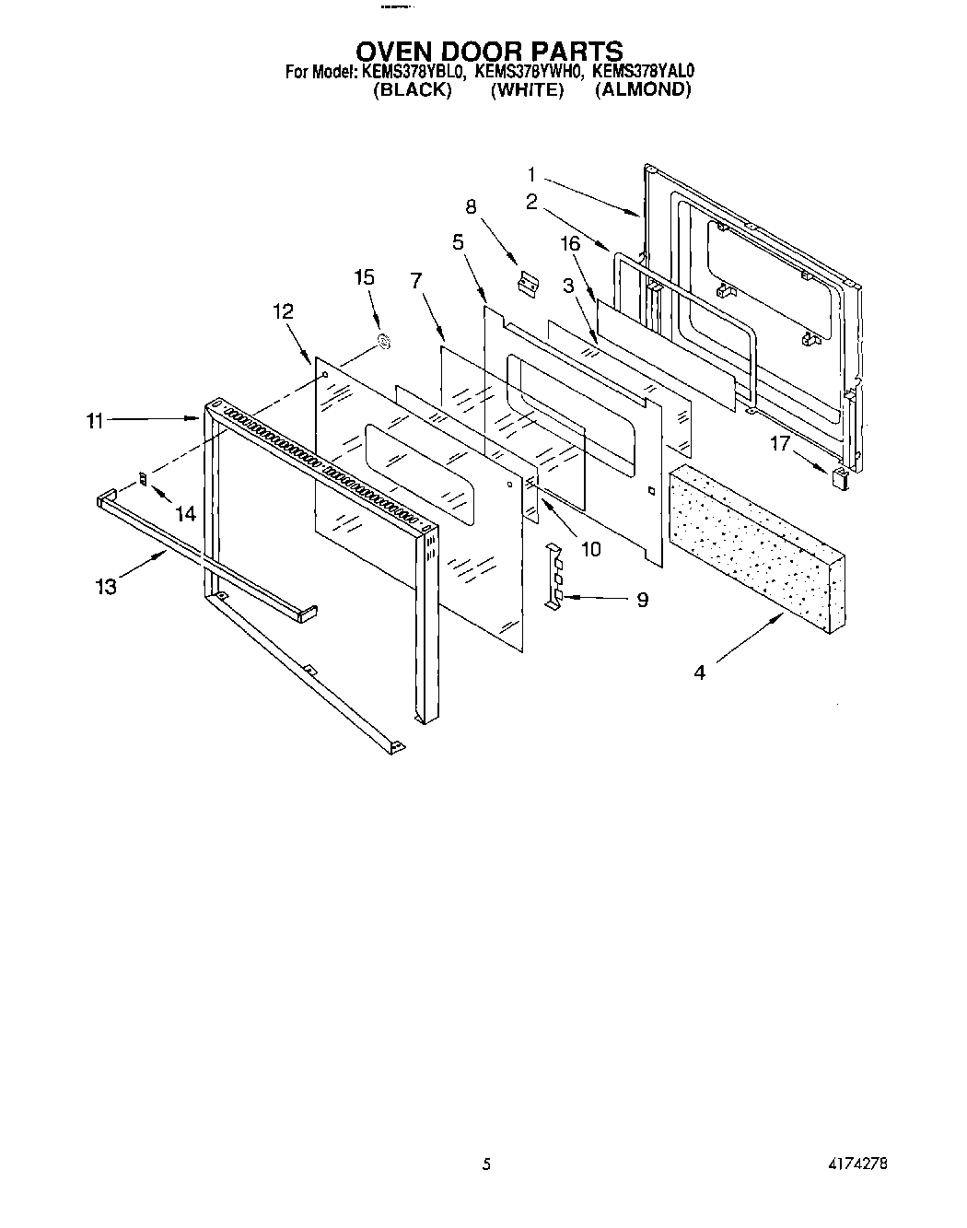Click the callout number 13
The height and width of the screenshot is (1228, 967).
pos(107,585)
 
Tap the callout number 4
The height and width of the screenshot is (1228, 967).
pos(700,672)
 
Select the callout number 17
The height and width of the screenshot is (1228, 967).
pos(780,444)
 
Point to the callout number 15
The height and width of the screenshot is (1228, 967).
pos(366,277)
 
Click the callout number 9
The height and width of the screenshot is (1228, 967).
pos(642,600)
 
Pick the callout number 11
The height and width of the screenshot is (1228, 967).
pos(95,421)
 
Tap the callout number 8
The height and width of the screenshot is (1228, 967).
pos(472,206)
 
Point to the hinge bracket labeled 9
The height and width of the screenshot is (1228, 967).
pos(553,577)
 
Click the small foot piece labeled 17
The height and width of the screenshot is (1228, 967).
pos(840,477)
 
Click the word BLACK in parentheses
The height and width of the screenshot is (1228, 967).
pos(412,89)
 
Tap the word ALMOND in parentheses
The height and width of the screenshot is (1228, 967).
pos(642,89)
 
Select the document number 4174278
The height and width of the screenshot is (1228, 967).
pos(856,1164)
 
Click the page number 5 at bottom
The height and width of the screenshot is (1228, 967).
pos(486,1164)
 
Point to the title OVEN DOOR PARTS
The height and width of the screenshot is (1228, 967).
pos(490,50)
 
